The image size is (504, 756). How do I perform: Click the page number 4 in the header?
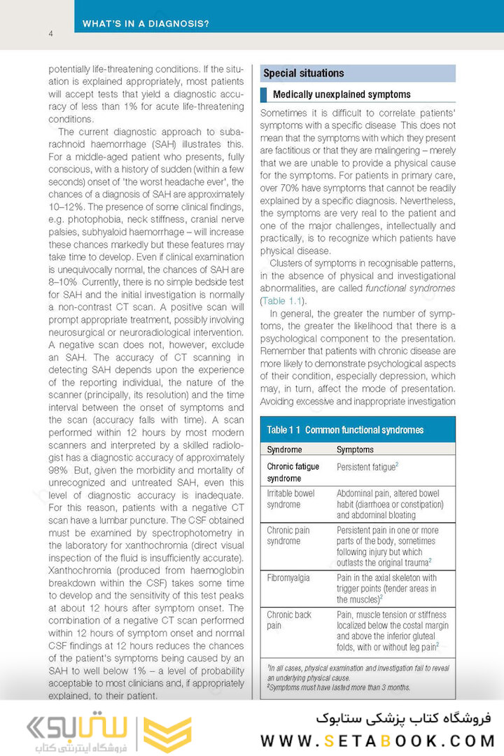click(51, 34)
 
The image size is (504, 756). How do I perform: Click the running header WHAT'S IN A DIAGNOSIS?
click(146, 23)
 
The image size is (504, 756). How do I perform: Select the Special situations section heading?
click(303, 73)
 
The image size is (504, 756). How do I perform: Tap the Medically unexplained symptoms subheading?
click(342, 94)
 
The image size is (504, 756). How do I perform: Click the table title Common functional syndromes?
click(364, 430)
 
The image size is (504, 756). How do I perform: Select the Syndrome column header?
click(284, 449)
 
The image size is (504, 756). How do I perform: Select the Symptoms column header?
click(355, 449)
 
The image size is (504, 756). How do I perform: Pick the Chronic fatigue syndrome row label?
click(293, 472)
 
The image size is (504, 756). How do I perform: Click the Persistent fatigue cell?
click(367, 466)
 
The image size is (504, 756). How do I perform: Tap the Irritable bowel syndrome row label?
click(290, 498)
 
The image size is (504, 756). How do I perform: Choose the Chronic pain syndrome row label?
click(288, 535)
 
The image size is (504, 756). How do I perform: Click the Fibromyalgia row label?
click(288, 578)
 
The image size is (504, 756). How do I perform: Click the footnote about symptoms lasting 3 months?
click(339, 687)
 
